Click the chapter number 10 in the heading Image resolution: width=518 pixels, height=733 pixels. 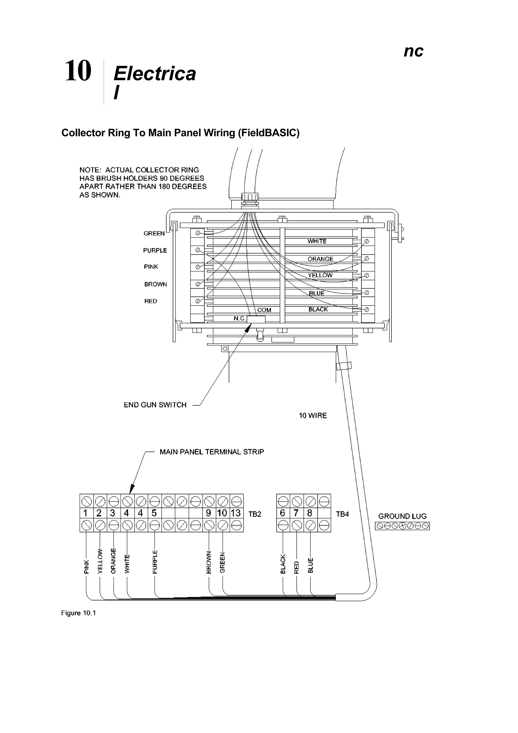coord(78,71)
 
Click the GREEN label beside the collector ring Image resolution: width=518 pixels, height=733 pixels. coord(154,233)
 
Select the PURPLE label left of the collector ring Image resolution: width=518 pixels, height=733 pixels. coord(155,251)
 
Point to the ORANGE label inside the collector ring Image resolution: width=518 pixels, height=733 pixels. coord(320,259)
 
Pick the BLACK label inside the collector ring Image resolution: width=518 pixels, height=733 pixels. coord(318,309)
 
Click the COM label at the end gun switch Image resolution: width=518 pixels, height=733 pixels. coord(264,310)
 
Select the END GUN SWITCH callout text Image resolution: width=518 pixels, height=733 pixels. coord(155,405)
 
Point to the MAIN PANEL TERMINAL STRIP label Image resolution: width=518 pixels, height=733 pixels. coord(212,452)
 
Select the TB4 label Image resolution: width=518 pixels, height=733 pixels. coord(342,514)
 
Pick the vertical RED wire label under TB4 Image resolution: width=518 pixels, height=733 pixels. coord(296,567)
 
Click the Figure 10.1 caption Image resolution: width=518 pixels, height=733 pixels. coord(78,613)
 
